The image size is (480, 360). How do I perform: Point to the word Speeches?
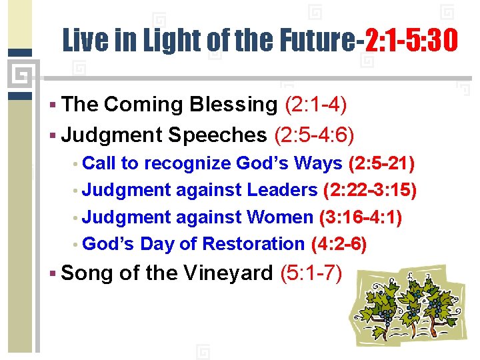(217, 135)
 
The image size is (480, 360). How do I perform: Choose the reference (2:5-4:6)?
(314, 135)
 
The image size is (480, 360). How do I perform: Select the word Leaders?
(282, 191)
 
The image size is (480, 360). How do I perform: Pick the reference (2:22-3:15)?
(370, 191)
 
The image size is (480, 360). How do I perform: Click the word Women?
(279, 217)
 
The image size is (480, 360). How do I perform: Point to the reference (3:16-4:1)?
(361, 217)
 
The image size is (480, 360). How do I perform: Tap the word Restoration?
(253, 244)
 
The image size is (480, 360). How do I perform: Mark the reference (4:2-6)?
(339, 244)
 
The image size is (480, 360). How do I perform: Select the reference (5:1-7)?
(311, 273)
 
